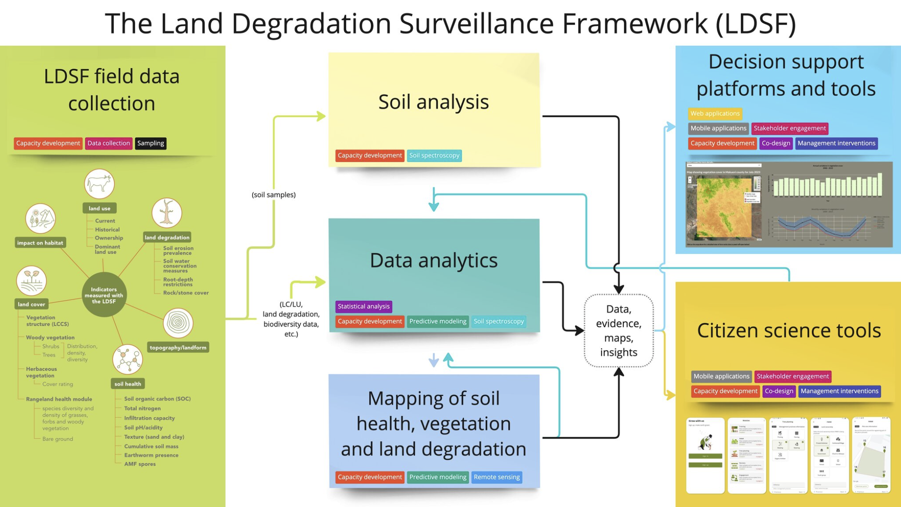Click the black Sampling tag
(150, 143)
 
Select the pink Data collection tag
(109, 143)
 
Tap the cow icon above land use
(100, 184)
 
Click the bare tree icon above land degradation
(167, 213)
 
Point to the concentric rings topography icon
(178, 323)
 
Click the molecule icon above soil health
(128, 359)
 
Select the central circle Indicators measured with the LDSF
(104, 295)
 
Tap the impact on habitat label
(40, 243)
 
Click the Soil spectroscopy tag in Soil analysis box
(434, 155)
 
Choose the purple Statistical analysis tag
(363, 306)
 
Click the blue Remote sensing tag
(497, 477)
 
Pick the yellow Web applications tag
(715, 113)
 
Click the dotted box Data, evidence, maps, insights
(618, 330)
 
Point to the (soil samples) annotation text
(274, 195)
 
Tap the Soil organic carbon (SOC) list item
(157, 398)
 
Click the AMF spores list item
(140, 464)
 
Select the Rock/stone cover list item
(186, 293)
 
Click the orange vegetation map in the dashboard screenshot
(724, 208)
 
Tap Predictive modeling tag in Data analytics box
(438, 321)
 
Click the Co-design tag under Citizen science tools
(779, 391)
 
